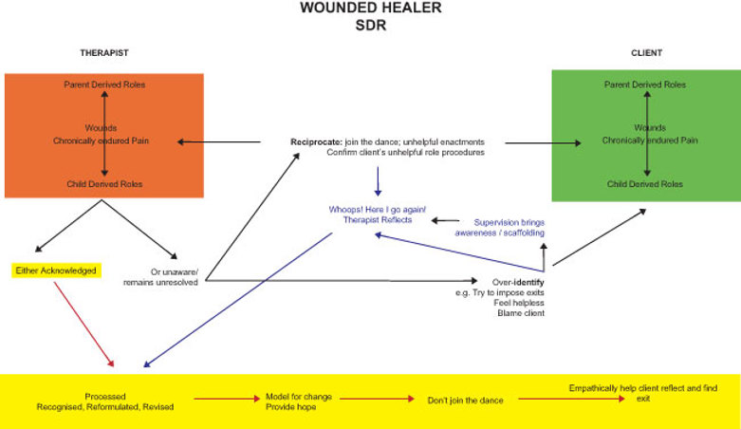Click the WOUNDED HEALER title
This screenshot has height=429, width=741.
tap(370, 9)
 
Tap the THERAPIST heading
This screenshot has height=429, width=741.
tap(104, 52)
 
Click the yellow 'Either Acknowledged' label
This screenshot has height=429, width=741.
tap(55, 270)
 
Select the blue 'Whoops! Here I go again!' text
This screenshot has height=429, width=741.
tap(366, 209)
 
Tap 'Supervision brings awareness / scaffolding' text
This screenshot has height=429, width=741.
tap(500, 227)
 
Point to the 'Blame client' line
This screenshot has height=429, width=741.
tap(521, 313)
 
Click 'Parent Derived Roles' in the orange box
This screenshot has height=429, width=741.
tap(104, 84)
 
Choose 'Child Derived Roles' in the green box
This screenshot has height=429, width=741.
tap(644, 183)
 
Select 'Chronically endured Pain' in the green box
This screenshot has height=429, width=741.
tap(650, 140)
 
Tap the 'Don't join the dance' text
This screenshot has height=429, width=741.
tap(465, 401)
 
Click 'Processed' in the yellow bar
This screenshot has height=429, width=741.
tap(105, 396)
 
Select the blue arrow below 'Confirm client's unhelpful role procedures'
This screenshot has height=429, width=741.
tap(378, 180)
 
